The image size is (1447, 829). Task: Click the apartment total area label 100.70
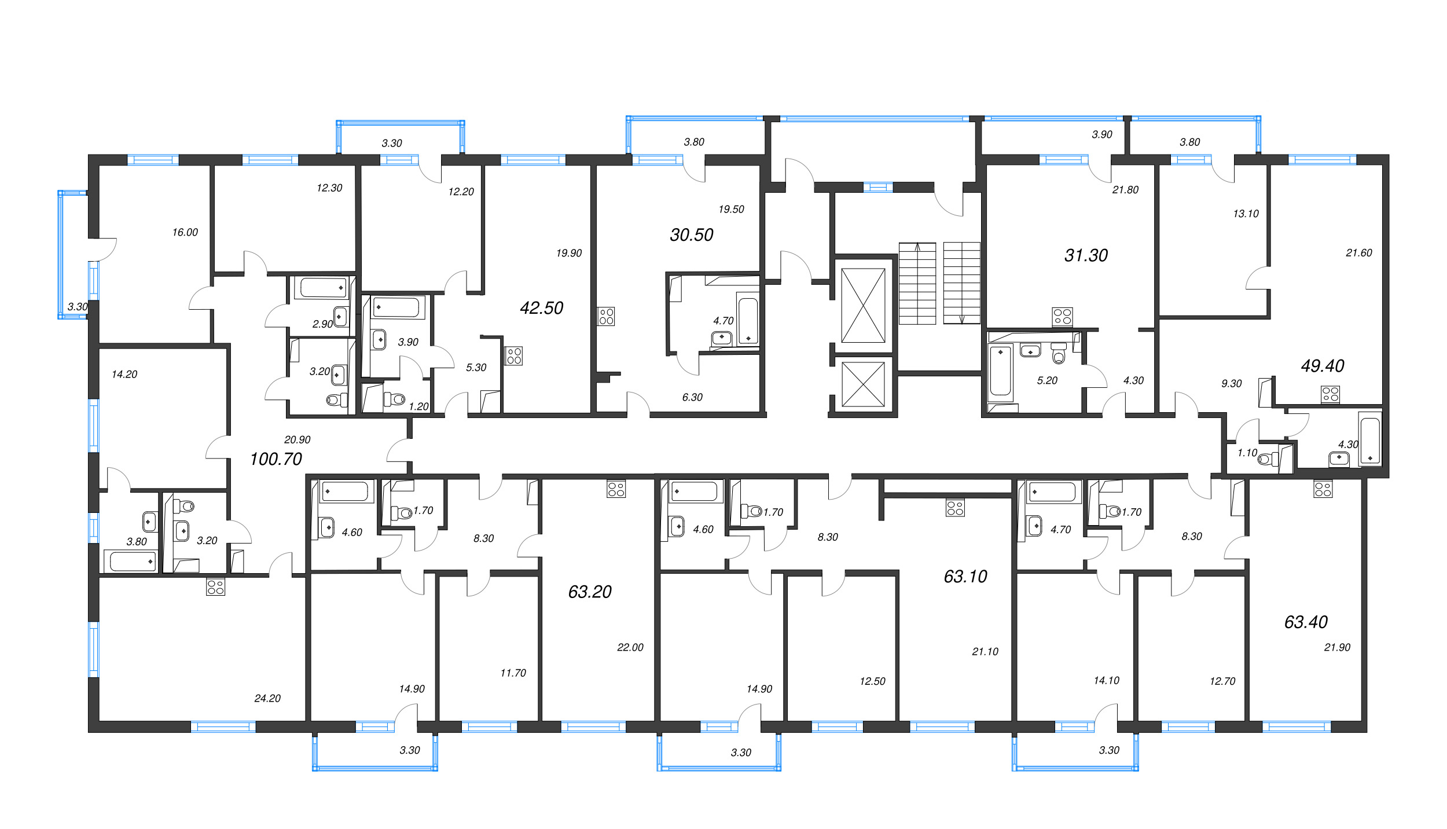[x=276, y=459]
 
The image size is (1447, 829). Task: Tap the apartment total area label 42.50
[x=541, y=308]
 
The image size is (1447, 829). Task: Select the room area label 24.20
[x=267, y=699]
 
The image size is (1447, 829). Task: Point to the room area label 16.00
[x=185, y=232]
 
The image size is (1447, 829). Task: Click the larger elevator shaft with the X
[x=863, y=305]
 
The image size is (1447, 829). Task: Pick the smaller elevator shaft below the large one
[x=863, y=384]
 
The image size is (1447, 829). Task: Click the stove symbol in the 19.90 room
[x=514, y=356]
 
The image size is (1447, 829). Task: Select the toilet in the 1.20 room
[x=395, y=399]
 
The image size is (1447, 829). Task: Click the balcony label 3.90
[x=1102, y=134]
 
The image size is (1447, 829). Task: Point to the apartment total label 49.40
[x=1323, y=366]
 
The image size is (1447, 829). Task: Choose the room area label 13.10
[x=1246, y=214]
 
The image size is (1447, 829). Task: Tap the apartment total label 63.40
[x=1306, y=622]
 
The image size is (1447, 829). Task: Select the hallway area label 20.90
[x=297, y=440]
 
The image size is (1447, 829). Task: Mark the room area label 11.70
[x=513, y=673]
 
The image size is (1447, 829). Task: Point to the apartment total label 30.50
[x=691, y=235]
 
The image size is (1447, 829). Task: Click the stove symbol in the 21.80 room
[x=1062, y=317]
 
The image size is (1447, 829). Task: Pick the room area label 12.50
[x=872, y=681]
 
